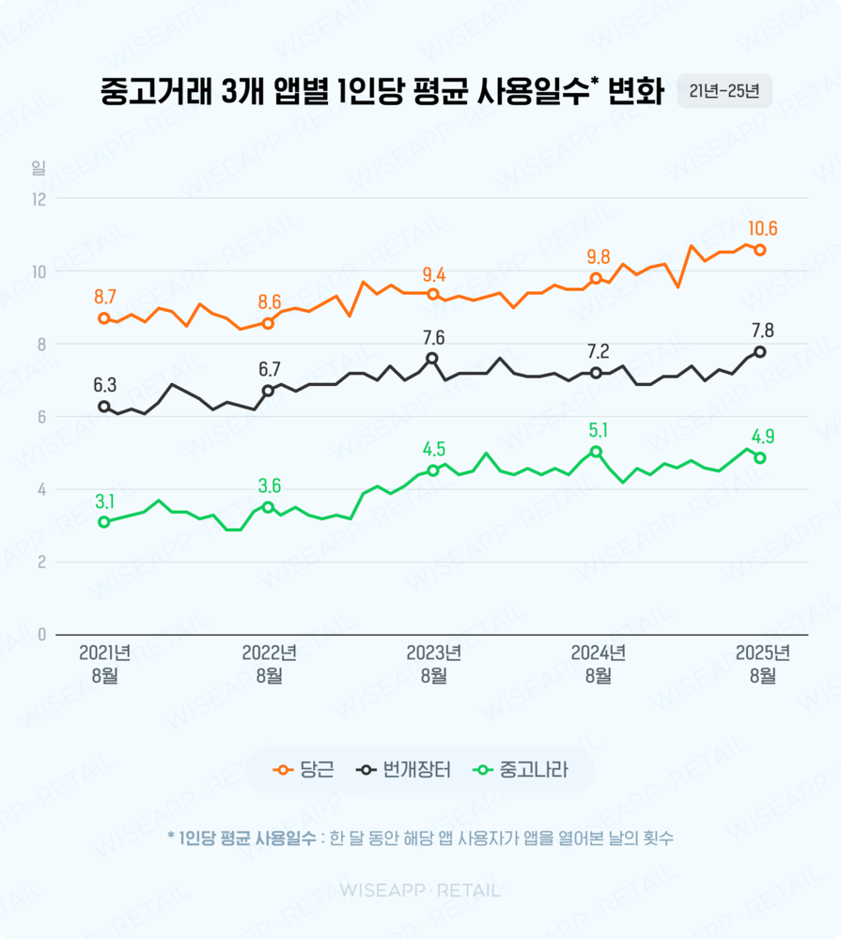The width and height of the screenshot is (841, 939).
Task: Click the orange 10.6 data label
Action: tap(762, 229)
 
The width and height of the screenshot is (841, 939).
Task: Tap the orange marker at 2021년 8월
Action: tap(104, 318)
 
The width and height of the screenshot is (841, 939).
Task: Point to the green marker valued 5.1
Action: tap(596, 452)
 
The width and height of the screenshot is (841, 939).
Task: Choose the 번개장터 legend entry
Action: tap(405, 771)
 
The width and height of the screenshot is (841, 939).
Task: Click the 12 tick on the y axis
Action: tap(39, 199)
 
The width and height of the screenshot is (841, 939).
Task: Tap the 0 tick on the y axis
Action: tap(42, 635)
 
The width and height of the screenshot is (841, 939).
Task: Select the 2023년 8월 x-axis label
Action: tap(433, 664)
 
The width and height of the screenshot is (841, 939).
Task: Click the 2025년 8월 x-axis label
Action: tap(762, 664)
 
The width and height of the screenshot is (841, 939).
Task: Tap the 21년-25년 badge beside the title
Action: tap(724, 91)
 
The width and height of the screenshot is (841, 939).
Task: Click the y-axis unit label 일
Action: tap(39, 168)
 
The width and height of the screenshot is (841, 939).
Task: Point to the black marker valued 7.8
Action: tap(760, 351)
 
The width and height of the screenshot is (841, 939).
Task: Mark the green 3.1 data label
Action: tap(104, 501)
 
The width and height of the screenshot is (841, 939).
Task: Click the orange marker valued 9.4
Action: tap(432, 294)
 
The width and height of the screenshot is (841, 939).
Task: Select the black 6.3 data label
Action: tap(104, 385)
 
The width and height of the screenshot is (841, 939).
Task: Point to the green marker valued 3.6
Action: tap(268, 507)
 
